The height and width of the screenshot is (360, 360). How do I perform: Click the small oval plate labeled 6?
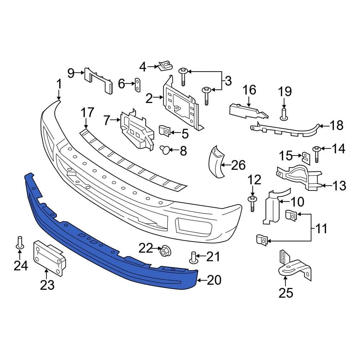138,84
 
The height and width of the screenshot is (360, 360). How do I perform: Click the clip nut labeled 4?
164,66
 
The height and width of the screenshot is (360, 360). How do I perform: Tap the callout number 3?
228,81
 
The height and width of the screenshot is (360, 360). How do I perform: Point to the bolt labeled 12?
252,203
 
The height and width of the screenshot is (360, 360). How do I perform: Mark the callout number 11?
321,228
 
